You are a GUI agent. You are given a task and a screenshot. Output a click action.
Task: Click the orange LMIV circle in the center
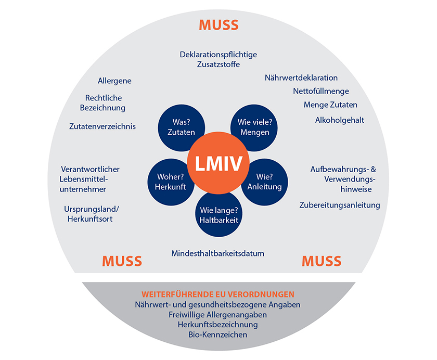(x=219, y=164)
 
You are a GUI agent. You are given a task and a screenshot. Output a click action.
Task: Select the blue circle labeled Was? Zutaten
(x=181, y=127)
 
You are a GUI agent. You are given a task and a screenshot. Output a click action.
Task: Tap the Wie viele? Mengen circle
(x=254, y=127)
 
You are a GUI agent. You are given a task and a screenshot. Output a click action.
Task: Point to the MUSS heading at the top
(x=219, y=25)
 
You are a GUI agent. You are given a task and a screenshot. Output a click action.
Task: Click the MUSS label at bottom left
(x=122, y=261)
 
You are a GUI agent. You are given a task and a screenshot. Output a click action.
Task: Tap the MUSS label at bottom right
(x=322, y=261)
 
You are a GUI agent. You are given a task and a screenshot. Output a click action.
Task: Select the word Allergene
(x=114, y=81)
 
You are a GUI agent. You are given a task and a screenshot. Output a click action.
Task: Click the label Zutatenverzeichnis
(x=102, y=126)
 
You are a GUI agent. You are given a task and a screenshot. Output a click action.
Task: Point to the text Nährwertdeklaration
(x=301, y=78)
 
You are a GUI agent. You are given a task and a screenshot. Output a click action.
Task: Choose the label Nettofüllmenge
(x=321, y=92)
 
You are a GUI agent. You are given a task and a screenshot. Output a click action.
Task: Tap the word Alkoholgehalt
(x=339, y=120)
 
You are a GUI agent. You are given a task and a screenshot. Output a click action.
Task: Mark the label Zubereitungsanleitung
(x=340, y=205)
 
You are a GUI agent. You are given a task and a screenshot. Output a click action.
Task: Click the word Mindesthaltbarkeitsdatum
(x=218, y=253)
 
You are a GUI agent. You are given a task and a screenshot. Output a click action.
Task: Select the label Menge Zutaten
(x=330, y=105)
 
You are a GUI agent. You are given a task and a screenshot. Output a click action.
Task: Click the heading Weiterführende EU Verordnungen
(x=218, y=294)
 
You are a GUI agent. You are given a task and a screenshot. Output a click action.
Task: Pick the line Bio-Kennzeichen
(x=218, y=335)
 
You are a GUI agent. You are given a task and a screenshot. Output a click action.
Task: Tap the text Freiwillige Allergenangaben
(x=218, y=315)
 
